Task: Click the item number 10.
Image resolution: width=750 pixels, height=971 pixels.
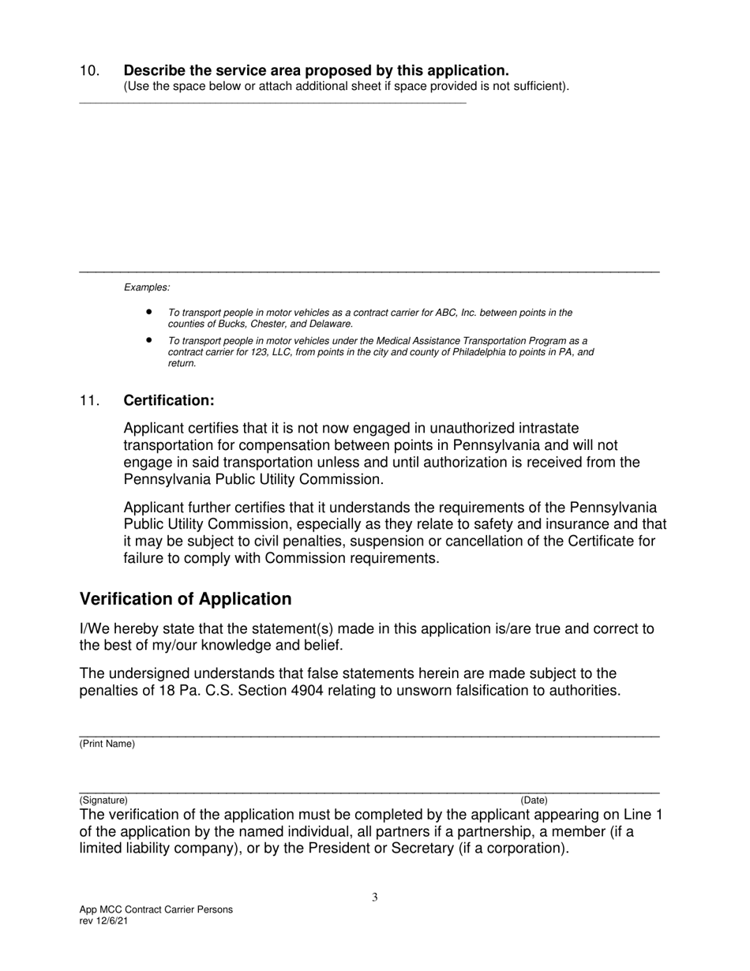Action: tap(89, 70)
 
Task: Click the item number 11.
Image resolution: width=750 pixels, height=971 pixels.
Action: tap(89, 400)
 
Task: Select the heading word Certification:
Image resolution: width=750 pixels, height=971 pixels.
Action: tap(169, 400)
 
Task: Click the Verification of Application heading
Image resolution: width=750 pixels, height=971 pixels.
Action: tap(186, 599)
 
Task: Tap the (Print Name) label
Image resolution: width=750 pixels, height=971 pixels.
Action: tap(107, 744)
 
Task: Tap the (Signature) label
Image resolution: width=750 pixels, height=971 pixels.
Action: tap(103, 800)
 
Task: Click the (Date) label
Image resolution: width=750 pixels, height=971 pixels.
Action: tap(534, 800)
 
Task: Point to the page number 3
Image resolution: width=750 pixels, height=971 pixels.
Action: tap(375, 897)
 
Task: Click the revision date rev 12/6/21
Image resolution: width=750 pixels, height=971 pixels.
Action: tap(103, 921)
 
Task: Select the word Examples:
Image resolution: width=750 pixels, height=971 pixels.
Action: tap(147, 287)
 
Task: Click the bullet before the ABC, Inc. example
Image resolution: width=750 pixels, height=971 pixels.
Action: tap(148, 313)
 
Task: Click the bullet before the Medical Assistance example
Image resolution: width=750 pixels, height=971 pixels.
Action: tap(148, 340)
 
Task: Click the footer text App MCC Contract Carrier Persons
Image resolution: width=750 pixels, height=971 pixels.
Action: tap(156, 909)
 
